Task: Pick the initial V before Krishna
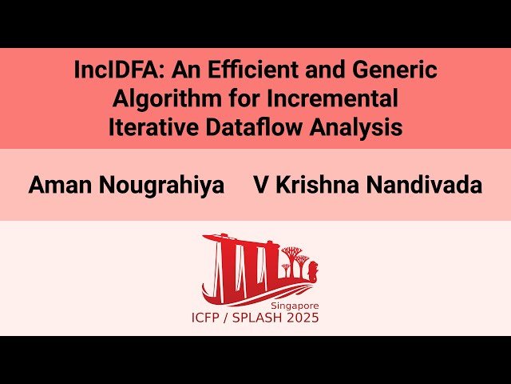click(260, 186)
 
